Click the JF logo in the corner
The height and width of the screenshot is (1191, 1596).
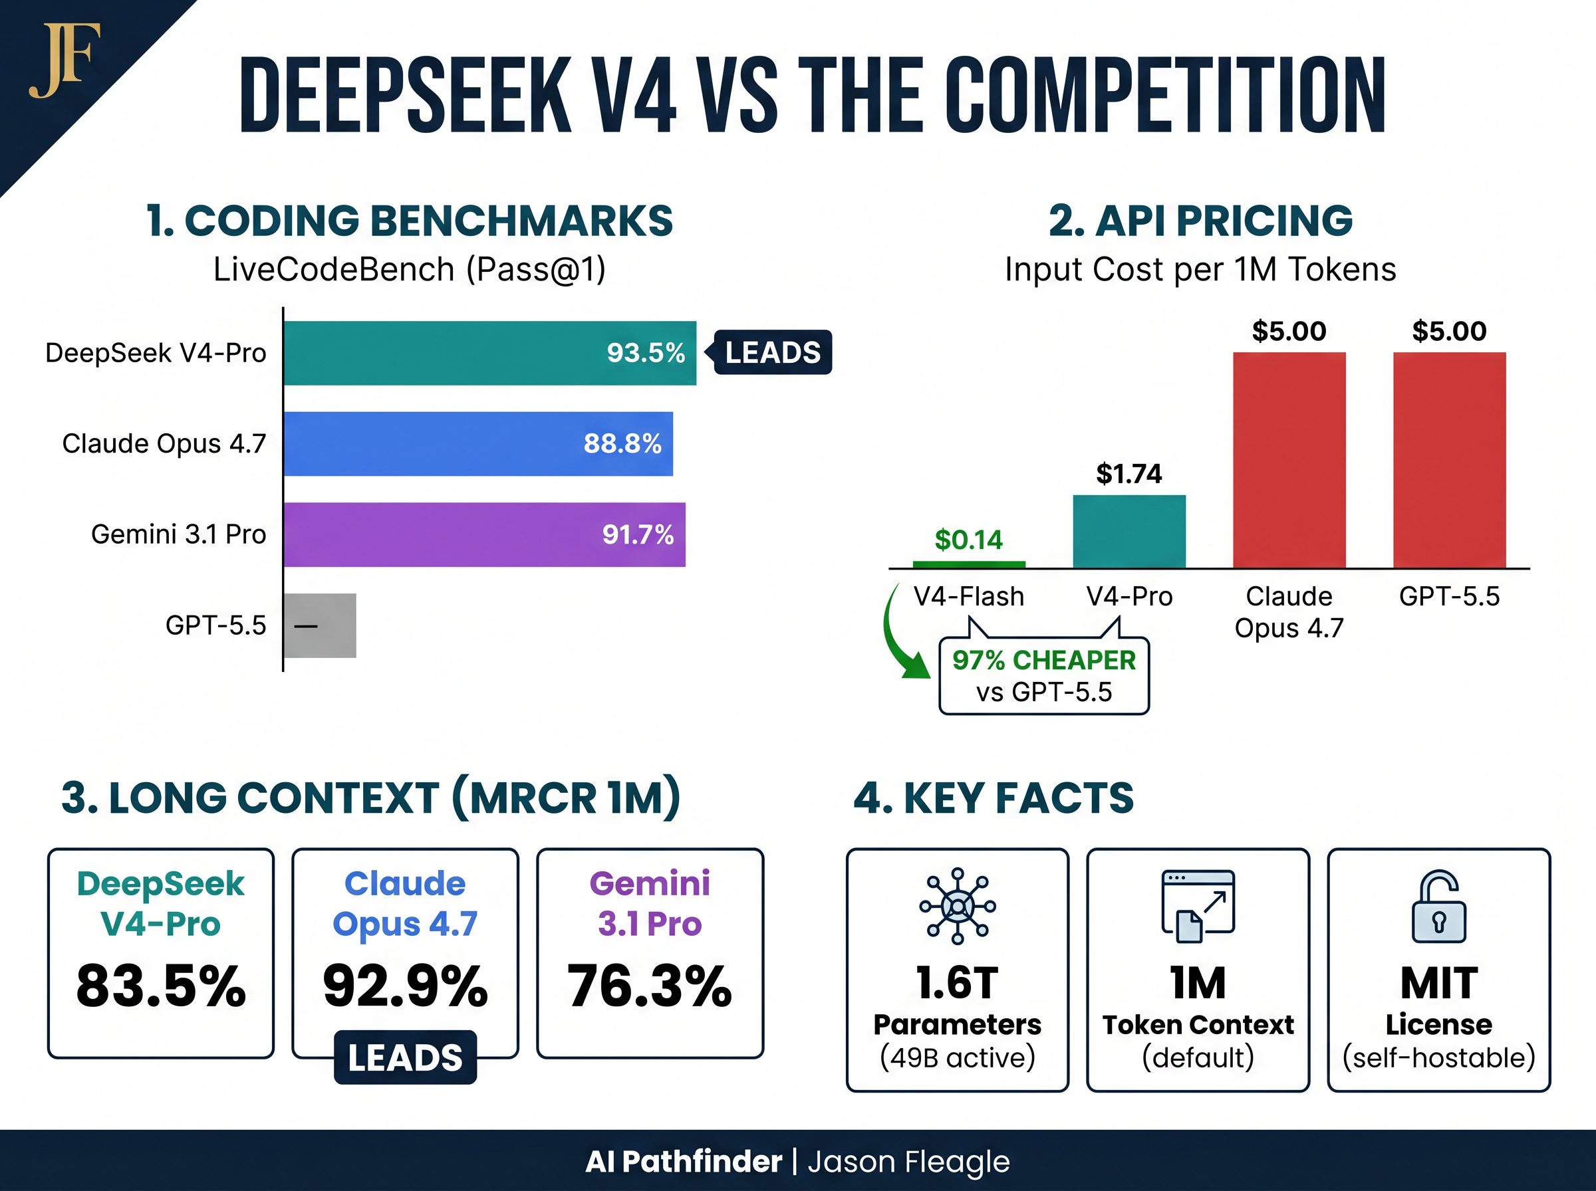63,61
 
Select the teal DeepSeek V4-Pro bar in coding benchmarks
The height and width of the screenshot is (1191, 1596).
447,354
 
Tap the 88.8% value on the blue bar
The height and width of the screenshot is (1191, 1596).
622,443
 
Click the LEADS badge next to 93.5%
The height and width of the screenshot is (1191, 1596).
773,352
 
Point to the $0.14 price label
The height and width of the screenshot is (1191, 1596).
968,539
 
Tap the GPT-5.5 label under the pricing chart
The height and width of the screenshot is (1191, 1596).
1449,596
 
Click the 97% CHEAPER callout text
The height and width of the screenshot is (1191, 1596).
1043,661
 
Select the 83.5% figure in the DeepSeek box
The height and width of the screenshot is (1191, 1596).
161,986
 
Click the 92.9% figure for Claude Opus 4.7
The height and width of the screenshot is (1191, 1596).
405,986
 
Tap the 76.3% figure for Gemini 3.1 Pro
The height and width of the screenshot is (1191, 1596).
649,986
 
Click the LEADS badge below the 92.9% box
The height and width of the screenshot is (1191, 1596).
405,1057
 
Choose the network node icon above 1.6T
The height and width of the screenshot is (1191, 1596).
957,907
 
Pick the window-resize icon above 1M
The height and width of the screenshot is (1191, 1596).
1198,907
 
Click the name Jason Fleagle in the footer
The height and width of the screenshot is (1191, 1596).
908,1162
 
